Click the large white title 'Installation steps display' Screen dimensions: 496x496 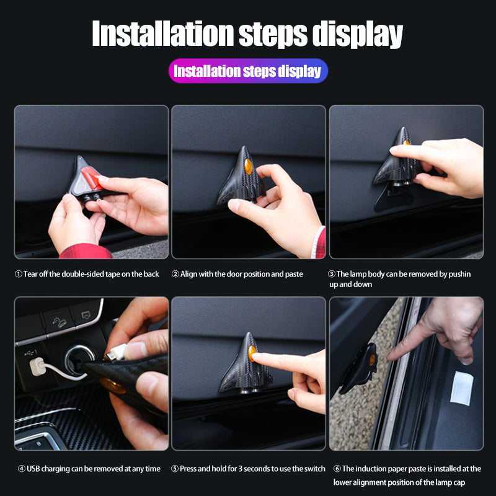tap(247, 33)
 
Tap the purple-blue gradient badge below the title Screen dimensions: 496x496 tap(248, 71)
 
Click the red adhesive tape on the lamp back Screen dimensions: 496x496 tap(92, 179)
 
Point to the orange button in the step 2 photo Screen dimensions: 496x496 tap(249, 166)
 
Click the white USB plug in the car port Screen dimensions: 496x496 tap(38, 366)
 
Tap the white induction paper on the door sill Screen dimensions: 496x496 tap(462, 388)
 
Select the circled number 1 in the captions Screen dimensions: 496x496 tap(19, 274)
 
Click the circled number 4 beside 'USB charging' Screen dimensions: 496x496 tap(22, 469)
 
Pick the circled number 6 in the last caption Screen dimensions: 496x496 tap(337, 469)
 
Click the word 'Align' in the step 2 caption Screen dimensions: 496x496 tap(188, 274)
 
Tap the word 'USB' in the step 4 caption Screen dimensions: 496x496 tap(33, 469)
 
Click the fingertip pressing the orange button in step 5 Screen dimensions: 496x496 tap(256, 356)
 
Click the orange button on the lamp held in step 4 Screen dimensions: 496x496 tap(112, 385)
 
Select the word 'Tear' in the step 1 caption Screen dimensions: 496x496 tap(30, 274)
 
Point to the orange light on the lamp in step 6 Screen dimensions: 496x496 tap(373, 360)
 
